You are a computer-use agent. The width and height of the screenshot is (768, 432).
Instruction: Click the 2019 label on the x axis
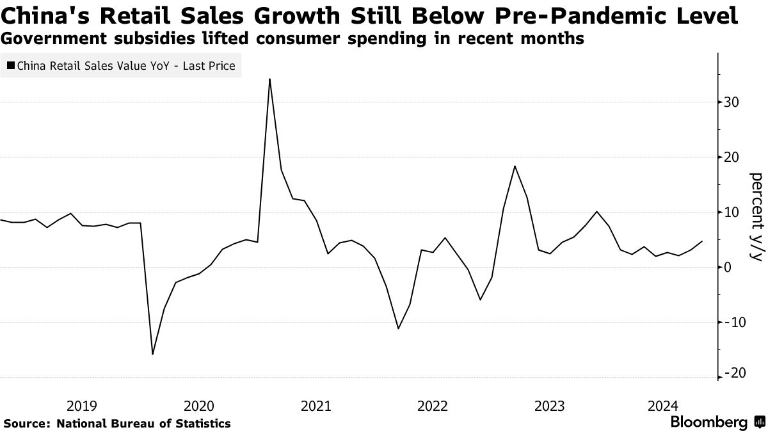tap(82, 406)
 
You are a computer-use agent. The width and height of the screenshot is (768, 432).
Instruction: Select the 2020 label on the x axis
tap(198, 406)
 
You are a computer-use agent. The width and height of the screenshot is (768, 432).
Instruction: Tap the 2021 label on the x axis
tap(316, 406)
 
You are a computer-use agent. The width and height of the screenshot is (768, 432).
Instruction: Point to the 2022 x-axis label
tap(432, 406)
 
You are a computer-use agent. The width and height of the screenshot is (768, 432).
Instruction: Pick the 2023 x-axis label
tap(549, 406)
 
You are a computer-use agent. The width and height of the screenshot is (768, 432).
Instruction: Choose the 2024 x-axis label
tap(666, 406)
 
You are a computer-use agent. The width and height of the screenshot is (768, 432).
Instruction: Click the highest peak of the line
tap(269, 79)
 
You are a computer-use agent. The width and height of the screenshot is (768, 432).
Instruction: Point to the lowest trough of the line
tap(152, 354)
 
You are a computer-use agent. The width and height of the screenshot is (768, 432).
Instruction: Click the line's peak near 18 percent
tap(515, 166)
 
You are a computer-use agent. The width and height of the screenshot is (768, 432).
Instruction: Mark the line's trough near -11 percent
tap(398, 328)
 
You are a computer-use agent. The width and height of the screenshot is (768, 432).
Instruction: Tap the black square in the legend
tap(12, 65)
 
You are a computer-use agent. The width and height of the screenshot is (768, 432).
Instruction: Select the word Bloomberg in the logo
tap(708, 422)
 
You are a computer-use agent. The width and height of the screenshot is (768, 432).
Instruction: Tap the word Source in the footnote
tap(26, 423)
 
